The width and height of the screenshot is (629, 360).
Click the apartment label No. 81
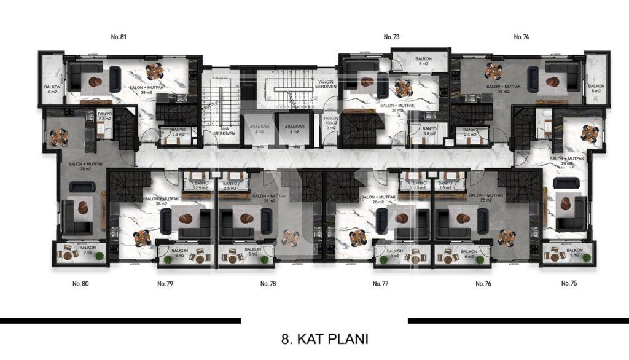point(119,37)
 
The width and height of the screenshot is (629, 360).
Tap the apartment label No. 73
point(391,37)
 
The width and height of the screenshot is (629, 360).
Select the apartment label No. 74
point(522,37)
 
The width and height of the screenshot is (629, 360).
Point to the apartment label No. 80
point(80,284)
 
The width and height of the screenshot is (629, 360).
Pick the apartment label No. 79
point(165,284)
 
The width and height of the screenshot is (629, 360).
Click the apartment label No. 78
point(268,284)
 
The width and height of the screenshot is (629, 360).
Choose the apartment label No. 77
point(381,284)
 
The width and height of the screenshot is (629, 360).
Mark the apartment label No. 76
point(484,284)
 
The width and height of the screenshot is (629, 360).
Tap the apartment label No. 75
point(569,284)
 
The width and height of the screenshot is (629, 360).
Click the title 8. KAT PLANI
point(325,339)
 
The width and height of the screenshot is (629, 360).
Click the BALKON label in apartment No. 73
point(424,61)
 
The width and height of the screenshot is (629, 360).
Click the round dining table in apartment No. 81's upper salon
point(154,72)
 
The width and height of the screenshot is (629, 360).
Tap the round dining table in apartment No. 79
point(143,237)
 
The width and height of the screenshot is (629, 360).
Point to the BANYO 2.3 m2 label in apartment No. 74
point(471,131)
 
